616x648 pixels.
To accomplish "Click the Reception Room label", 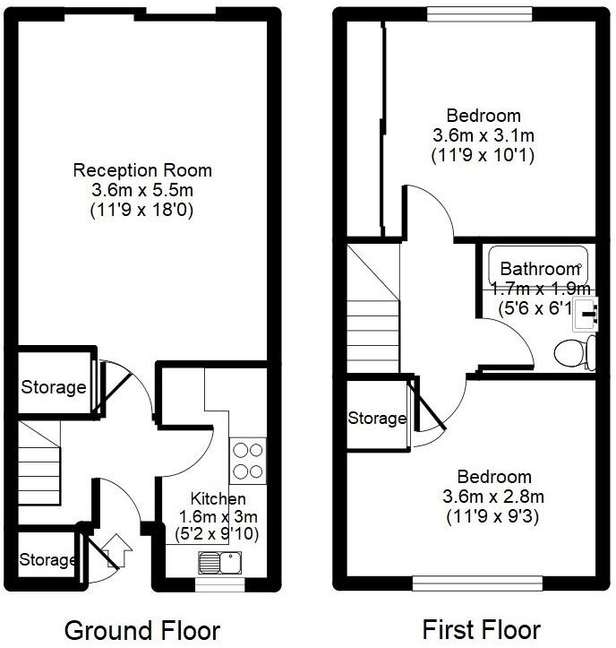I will tap(142, 169).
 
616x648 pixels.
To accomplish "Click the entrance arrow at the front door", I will tap(117, 548).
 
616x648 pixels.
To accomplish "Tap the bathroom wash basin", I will tap(587, 311).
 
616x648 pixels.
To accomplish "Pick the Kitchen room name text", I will tap(218, 498).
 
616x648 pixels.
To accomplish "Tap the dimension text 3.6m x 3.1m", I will tap(483, 135).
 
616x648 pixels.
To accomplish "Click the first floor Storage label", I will tap(377, 419).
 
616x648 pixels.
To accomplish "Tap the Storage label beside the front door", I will tap(47, 560).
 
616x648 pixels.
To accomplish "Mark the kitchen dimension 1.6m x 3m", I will tap(217, 516).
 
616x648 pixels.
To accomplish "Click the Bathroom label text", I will tap(540, 269).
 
